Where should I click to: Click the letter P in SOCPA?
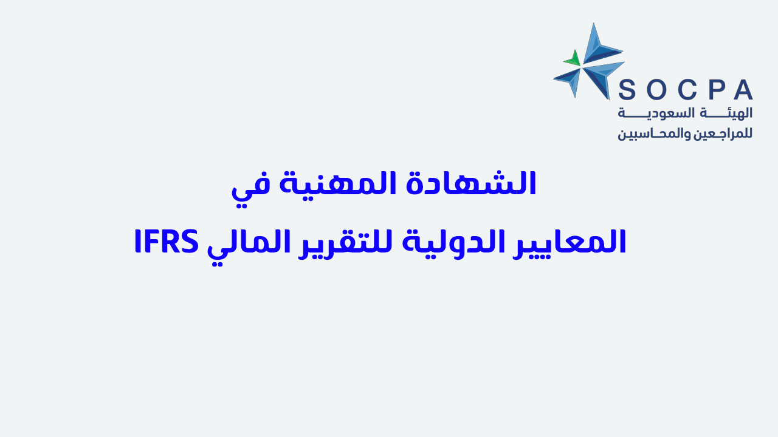[716, 90]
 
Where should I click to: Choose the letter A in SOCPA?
[743, 90]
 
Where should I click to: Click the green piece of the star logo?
[573, 59]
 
